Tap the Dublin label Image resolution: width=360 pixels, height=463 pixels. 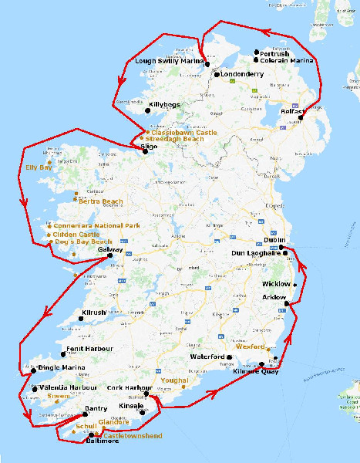click(x=275, y=240)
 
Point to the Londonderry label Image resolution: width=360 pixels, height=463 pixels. click(x=242, y=75)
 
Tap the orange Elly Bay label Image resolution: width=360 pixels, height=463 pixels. click(x=39, y=167)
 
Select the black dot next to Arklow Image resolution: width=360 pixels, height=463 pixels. click(x=286, y=304)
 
